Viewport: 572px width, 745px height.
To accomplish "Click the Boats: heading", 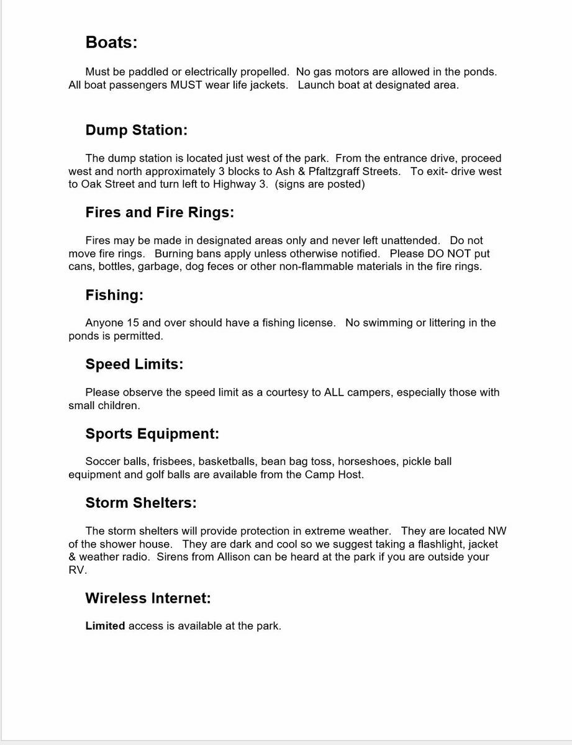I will click(111, 42).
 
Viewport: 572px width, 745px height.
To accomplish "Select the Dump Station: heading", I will click(136, 130).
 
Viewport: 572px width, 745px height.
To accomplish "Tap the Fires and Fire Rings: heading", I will click(160, 212).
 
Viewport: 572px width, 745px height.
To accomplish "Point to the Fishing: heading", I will click(114, 295).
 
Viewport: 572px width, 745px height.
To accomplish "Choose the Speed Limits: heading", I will click(134, 364).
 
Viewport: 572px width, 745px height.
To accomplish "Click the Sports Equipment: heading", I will click(152, 434).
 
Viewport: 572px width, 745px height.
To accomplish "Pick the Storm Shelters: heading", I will click(141, 503).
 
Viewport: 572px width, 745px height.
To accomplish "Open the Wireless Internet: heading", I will click(148, 598).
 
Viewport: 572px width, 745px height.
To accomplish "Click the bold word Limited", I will click(105, 626).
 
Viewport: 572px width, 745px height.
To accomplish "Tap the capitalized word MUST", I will click(186, 85).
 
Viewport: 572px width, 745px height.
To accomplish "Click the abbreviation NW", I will click(497, 531).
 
